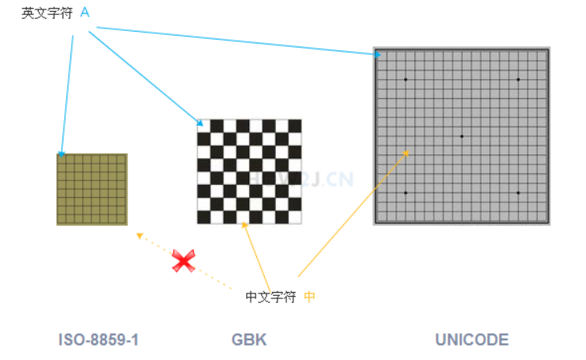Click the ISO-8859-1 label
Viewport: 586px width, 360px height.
(99, 340)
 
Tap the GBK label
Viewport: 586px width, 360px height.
(249, 340)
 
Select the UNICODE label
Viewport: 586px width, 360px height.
(471, 340)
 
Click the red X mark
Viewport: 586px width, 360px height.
(183, 260)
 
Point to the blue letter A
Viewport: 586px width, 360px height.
(85, 13)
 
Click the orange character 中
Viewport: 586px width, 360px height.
(309, 297)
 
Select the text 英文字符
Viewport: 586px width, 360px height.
(47, 13)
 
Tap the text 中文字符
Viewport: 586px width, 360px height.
(271, 297)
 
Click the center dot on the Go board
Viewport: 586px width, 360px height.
(462, 136)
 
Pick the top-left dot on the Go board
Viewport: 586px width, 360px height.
(406, 79)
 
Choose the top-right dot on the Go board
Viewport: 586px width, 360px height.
(518, 79)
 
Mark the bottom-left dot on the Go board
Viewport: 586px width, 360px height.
(406, 193)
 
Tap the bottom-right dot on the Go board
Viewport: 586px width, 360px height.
(518, 193)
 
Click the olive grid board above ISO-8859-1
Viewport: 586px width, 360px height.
(92, 190)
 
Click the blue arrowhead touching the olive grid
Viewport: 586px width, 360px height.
(61, 153)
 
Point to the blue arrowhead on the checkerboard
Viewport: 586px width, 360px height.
(201, 123)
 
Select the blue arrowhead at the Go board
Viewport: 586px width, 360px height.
(378, 55)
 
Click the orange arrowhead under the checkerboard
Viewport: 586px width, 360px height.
(244, 225)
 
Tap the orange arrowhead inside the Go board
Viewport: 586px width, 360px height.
(407, 152)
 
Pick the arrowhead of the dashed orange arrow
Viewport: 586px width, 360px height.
(139, 235)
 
